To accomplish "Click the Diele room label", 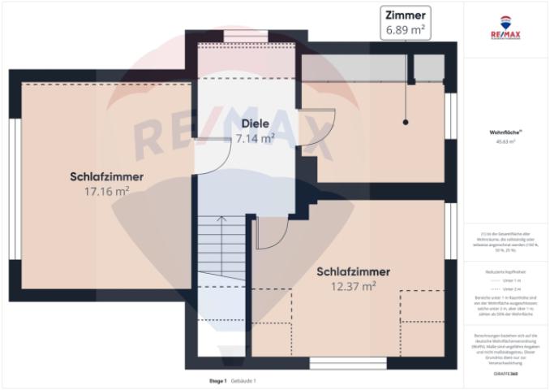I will [255, 123].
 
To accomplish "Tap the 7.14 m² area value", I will [255, 138].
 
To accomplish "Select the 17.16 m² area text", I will [107, 192].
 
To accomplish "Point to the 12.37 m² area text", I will [353, 286].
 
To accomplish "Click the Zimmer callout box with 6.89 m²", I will [405, 22].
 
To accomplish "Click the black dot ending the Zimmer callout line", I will [406, 122].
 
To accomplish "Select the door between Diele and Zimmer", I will [316, 130].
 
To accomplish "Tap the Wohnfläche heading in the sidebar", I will [505, 131].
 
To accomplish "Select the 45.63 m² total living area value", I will [505, 141].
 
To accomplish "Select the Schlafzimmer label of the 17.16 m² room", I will [107, 176].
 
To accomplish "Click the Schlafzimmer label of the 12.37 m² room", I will [353, 271].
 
